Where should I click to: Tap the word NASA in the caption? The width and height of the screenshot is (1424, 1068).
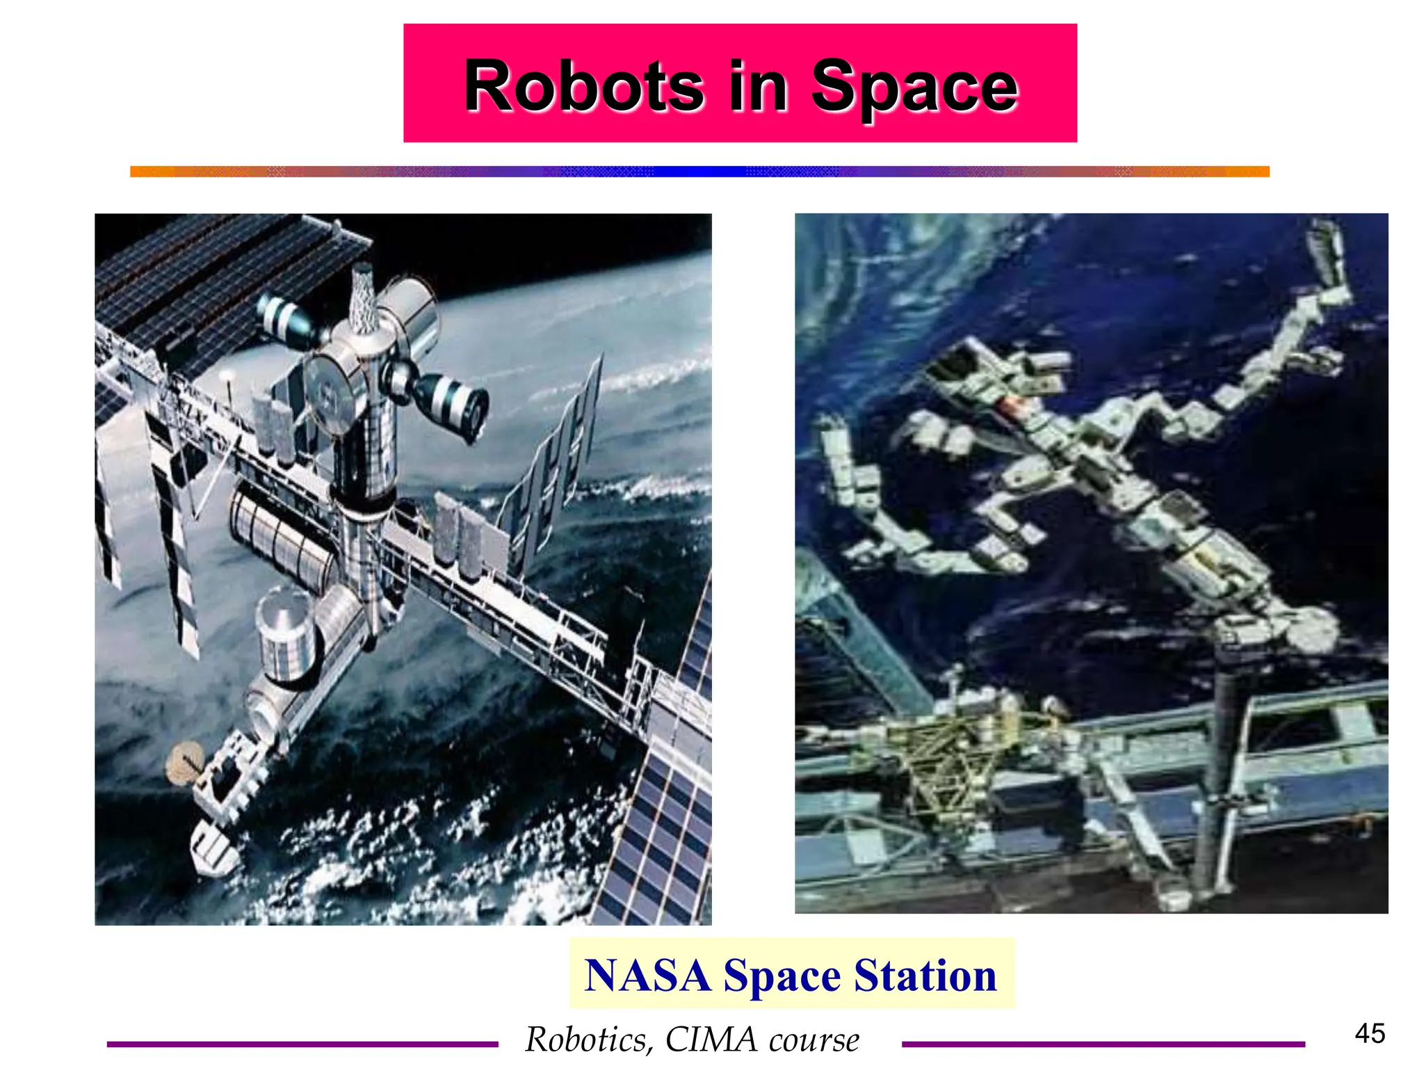click(x=647, y=975)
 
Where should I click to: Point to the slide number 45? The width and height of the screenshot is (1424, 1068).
click(x=1370, y=1033)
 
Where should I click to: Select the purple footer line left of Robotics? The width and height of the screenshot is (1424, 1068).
click(x=302, y=1044)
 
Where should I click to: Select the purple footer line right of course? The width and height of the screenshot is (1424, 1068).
click(x=1103, y=1044)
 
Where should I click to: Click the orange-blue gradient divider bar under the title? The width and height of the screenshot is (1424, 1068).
click(x=699, y=172)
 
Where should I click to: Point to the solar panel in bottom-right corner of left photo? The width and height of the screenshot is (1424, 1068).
click(x=667, y=834)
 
